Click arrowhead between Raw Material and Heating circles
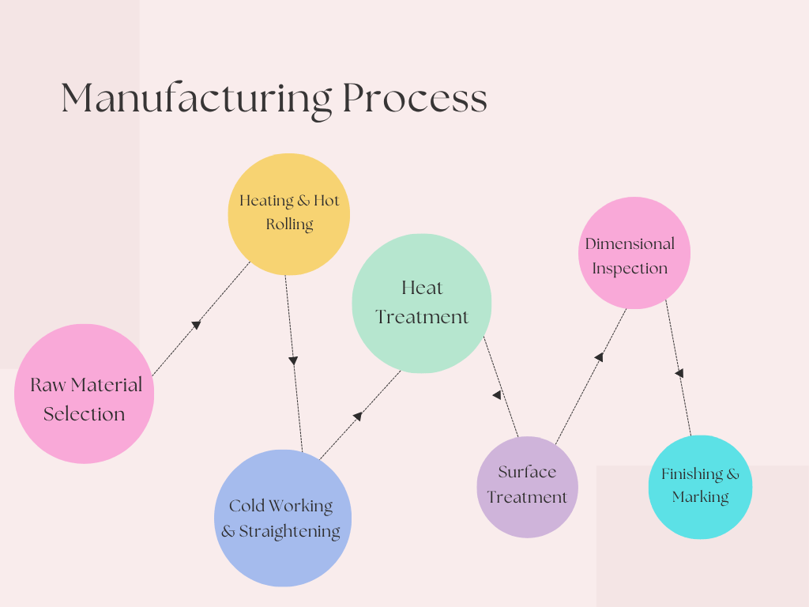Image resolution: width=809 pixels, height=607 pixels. (196, 324)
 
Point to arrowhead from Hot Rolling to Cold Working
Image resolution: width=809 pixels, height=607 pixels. (293, 360)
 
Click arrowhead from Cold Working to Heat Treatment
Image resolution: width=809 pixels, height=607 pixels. (357, 417)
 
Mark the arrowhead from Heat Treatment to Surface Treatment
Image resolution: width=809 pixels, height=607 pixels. (497, 395)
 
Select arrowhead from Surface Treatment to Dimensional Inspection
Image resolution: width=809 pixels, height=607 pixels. (599, 357)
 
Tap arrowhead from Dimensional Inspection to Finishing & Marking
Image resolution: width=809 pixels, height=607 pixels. (679, 373)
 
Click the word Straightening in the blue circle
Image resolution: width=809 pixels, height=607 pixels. (289, 532)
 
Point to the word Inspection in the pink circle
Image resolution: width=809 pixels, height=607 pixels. (630, 269)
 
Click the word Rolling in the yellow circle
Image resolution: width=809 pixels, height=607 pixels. (289, 224)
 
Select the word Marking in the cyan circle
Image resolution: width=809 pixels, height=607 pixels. (700, 497)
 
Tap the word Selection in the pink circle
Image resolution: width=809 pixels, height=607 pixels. (84, 414)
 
